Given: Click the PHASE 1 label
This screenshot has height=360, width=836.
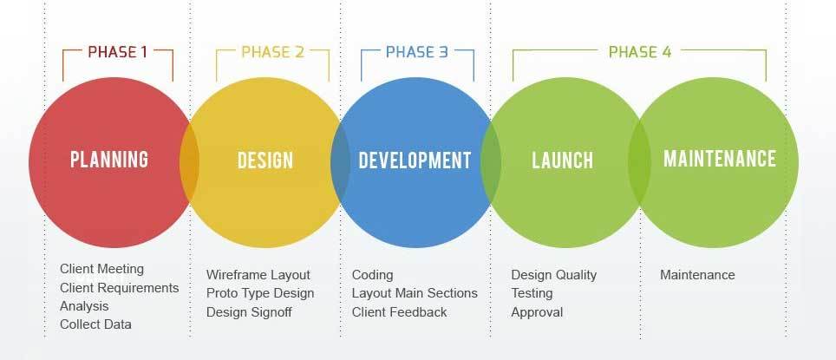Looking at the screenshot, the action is [x=117, y=52].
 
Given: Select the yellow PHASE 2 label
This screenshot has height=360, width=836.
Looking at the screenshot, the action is [x=272, y=52].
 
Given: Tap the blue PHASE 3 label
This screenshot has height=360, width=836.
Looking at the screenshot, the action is [x=417, y=52].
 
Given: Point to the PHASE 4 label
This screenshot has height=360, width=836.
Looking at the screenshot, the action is [x=640, y=52].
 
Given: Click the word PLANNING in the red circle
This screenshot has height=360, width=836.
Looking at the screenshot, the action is [x=109, y=160].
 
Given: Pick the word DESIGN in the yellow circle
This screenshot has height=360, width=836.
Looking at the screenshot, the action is [x=265, y=160].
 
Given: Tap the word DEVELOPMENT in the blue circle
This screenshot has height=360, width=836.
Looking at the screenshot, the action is [x=415, y=160].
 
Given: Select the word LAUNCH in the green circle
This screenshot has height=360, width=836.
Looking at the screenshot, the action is [x=563, y=160].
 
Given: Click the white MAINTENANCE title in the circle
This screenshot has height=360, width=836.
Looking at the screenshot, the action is [x=720, y=159].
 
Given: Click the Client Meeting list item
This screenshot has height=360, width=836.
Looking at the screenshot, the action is [x=101, y=269].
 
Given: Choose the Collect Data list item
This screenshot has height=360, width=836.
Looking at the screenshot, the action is [x=95, y=324].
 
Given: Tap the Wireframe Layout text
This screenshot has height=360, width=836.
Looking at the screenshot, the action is [x=258, y=275].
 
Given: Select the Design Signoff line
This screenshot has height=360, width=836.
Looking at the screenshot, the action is [x=249, y=312].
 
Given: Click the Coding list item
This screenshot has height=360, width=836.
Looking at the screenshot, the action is [x=372, y=275].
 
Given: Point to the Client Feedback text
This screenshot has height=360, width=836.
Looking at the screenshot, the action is [x=399, y=312].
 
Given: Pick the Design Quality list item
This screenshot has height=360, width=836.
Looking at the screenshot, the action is [x=554, y=275].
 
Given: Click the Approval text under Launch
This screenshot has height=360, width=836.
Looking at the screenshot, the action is [x=537, y=312].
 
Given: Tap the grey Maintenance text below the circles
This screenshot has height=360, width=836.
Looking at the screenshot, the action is [x=697, y=275].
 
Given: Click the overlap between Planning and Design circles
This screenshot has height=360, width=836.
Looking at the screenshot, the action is [x=189, y=162].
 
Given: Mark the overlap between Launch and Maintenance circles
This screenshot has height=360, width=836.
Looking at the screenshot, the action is [x=639, y=162].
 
